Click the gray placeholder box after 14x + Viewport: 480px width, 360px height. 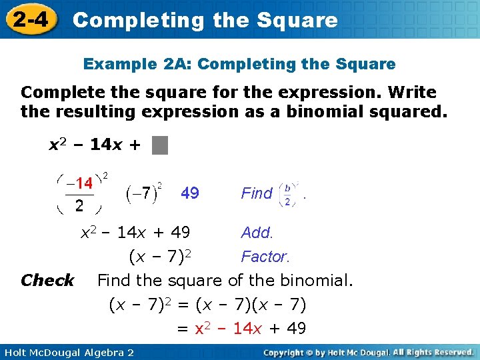click(160, 145)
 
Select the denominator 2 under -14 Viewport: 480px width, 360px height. click(79, 205)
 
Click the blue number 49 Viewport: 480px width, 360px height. click(190, 193)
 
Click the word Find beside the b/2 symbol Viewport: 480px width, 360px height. click(257, 193)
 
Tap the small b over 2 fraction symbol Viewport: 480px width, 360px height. click(287, 193)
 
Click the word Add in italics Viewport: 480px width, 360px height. click(257, 233)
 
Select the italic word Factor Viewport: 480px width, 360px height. click(265, 257)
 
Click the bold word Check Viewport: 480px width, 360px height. click(47, 281)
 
